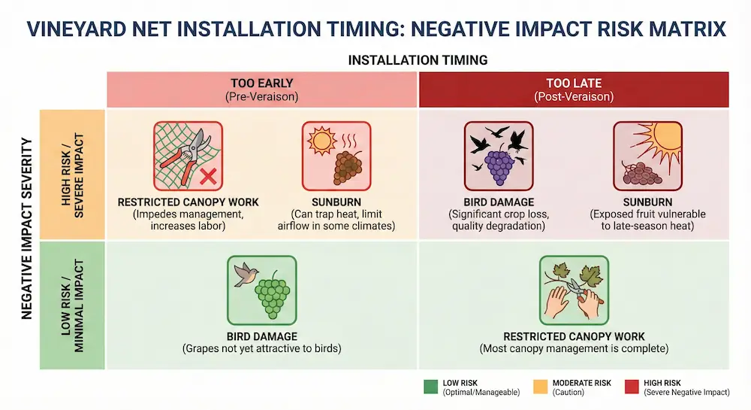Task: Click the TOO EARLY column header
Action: (261, 90)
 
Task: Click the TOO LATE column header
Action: (573, 90)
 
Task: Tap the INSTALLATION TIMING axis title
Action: (417, 59)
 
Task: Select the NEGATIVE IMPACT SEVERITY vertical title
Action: (28, 228)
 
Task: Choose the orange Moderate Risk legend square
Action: (540, 387)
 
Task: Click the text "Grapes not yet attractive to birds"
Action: (262, 349)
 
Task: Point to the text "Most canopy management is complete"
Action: (574, 349)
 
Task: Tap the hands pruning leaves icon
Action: (574, 290)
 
